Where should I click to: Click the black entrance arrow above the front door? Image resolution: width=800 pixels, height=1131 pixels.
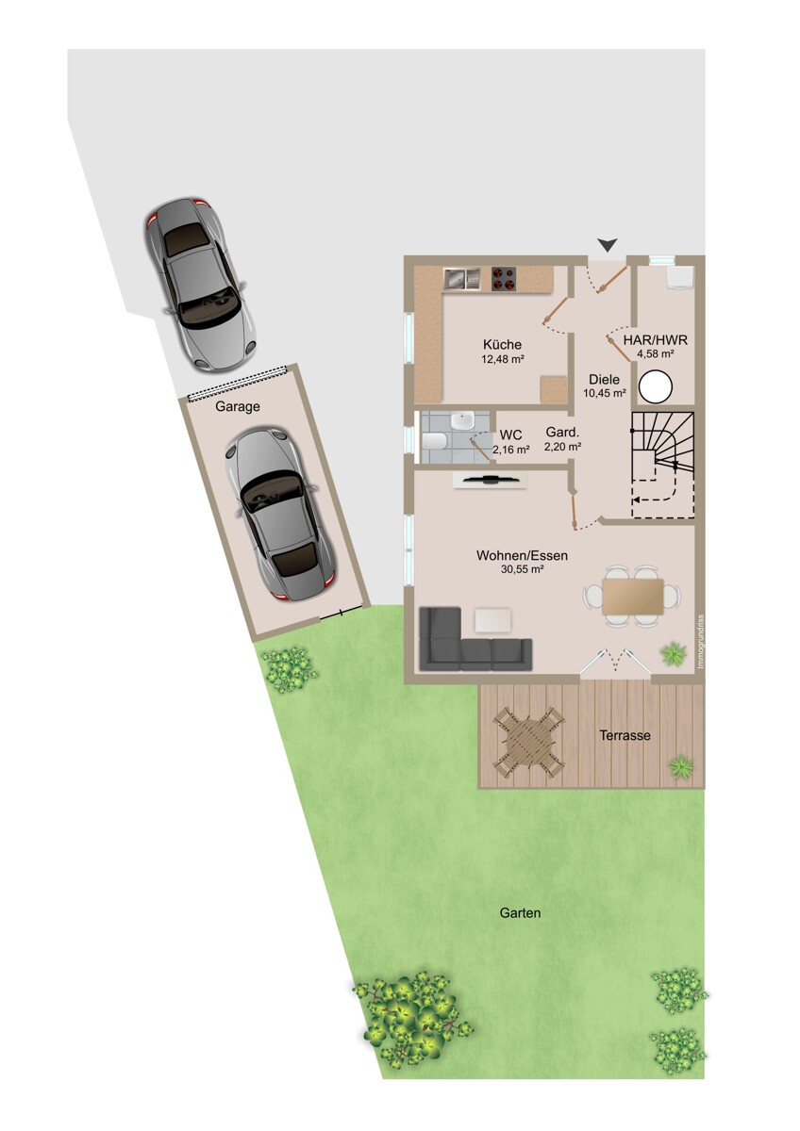pyautogui.click(x=608, y=245)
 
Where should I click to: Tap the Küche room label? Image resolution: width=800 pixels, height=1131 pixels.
pyautogui.click(x=502, y=344)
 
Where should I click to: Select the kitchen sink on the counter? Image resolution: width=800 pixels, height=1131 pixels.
pyautogui.click(x=461, y=279)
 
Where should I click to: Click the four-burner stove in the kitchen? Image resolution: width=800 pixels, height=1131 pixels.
pyautogui.click(x=505, y=279)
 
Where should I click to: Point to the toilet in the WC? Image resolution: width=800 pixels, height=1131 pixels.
pyautogui.click(x=433, y=441)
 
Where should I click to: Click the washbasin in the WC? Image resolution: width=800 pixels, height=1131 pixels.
pyautogui.click(x=462, y=419)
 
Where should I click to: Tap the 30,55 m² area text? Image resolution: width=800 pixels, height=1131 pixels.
pyautogui.click(x=522, y=569)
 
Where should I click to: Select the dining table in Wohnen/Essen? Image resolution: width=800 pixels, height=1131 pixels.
pyautogui.click(x=632, y=597)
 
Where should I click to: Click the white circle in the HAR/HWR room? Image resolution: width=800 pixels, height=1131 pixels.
pyautogui.click(x=656, y=387)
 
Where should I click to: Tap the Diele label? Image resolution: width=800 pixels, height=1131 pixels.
pyautogui.click(x=604, y=379)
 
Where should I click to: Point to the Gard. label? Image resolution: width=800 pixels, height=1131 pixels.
pyautogui.click(x=562, y=433)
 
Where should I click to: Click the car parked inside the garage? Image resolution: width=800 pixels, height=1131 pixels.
pyautogui.click(x=279, y=514)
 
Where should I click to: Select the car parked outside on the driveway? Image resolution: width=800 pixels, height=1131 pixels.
pyautogui.click(x=201, y=285)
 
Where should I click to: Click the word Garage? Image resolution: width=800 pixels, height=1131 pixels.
pyautogui.click(x=238, y=406)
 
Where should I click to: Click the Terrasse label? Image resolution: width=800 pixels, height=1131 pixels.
pyautogui.click(x=625, y=735)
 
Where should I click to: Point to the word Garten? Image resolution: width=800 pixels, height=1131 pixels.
pyautogui.click(x=520, y=912)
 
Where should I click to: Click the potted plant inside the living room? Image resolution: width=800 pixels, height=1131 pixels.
pyautogui.click(x=674, y=653)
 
